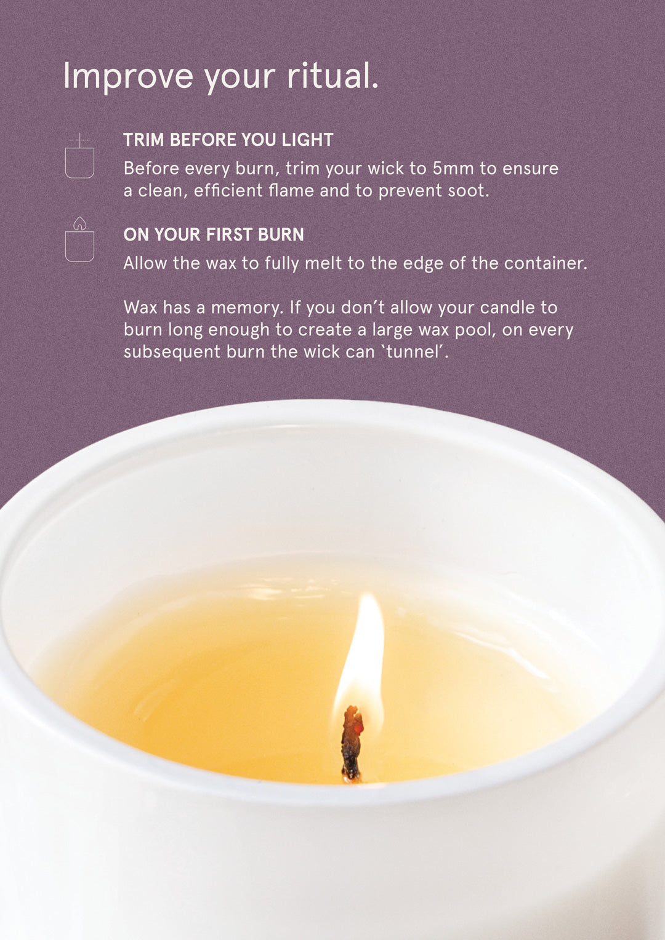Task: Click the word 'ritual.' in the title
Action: tap(332, 76)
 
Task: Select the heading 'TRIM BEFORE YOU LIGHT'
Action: tap(228, 140)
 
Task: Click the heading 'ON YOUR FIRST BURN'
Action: tap(214, 234)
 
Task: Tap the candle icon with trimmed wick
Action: tap(79, 157)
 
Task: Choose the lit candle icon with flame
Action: tap(79, 240)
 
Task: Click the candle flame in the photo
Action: tap(363, 652)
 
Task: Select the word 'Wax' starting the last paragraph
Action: tap(140, 308)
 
